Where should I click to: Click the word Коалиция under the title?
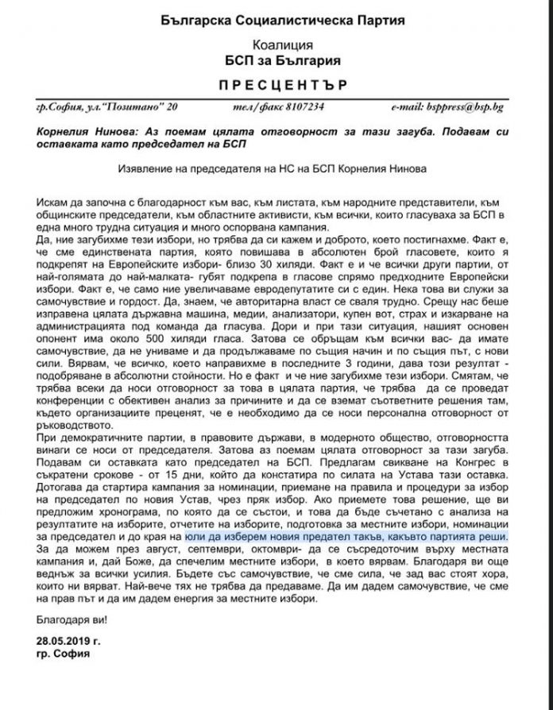pos(276,44)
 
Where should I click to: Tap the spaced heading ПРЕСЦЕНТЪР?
pos(276,84)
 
